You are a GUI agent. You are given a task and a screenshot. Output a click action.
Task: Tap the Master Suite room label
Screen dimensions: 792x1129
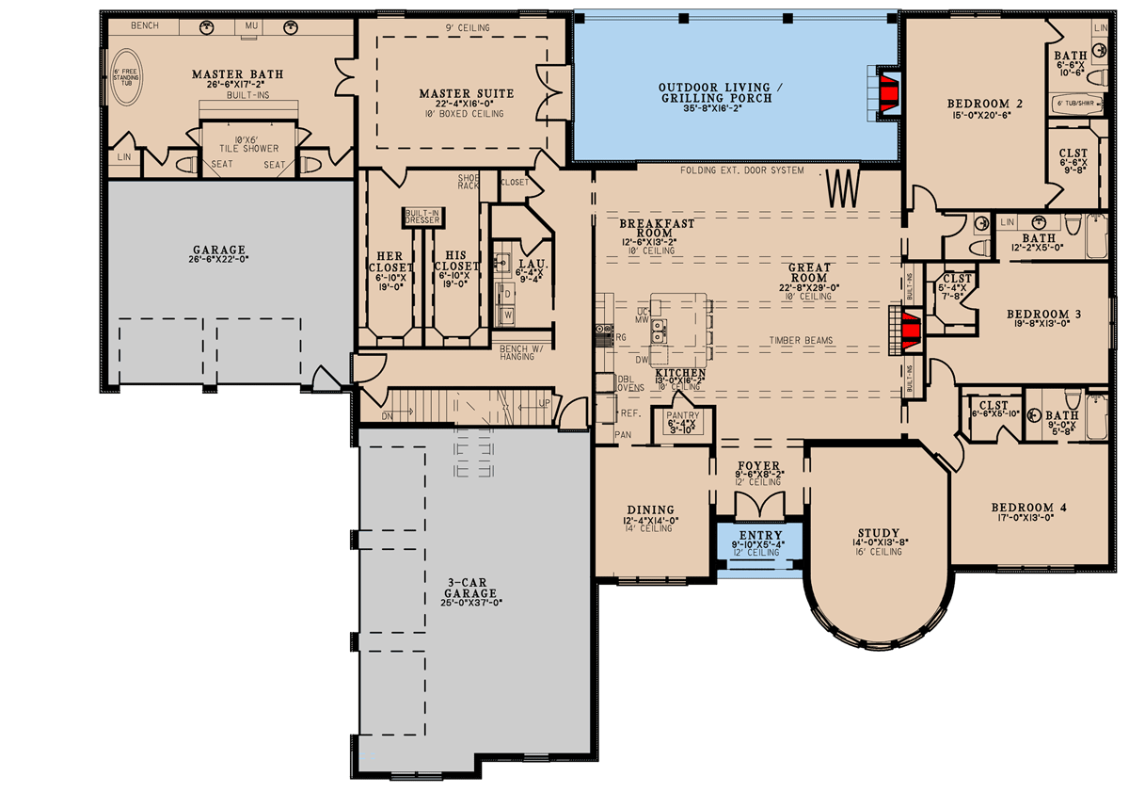466,93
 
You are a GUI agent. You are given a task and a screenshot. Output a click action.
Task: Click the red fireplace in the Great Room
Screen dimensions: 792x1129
909,331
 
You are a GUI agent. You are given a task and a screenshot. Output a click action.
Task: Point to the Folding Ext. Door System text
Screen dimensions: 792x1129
743,170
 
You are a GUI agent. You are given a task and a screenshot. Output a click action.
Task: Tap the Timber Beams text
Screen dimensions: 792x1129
801,341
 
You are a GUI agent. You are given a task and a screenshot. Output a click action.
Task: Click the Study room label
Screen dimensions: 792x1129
879,532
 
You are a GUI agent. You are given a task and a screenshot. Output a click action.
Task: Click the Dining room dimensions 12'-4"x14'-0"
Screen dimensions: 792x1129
650,520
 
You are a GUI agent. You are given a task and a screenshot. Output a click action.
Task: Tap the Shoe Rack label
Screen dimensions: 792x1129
468,181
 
